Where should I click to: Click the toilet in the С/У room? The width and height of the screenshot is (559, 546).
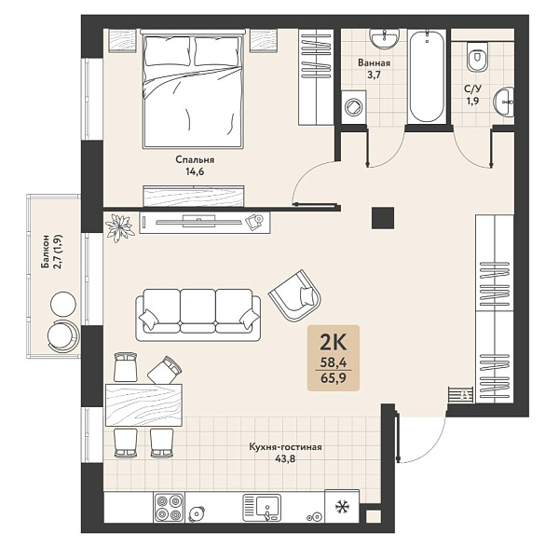click(477, 56)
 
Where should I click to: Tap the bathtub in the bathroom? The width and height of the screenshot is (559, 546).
click(427, 76)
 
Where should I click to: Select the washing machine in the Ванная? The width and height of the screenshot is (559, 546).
click(354, 106)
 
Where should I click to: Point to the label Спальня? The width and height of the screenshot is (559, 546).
click(195, 159)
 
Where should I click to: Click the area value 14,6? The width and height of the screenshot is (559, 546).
click(195, 171)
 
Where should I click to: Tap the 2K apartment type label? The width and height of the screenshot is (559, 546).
click(334, 342)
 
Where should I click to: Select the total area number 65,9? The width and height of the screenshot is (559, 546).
click(334, 377)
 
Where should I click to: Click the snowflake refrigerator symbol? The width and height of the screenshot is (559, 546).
click(342, 506)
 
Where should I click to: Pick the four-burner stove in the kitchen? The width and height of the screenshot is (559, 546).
click(169, 508)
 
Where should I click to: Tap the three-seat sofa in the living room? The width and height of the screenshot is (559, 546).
click(198, 315)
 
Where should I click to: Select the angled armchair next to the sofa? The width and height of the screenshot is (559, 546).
click(295, 295)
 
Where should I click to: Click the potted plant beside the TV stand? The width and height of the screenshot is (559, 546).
click(120, 227)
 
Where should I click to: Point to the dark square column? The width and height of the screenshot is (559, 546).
click(383, 218)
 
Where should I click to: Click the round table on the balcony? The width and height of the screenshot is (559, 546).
click(63, 304)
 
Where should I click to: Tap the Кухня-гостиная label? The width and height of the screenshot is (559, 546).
click(285, 447)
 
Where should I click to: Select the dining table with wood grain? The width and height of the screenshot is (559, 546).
click(143, 404)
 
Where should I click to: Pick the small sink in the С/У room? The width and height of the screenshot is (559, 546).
click(503, 102)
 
